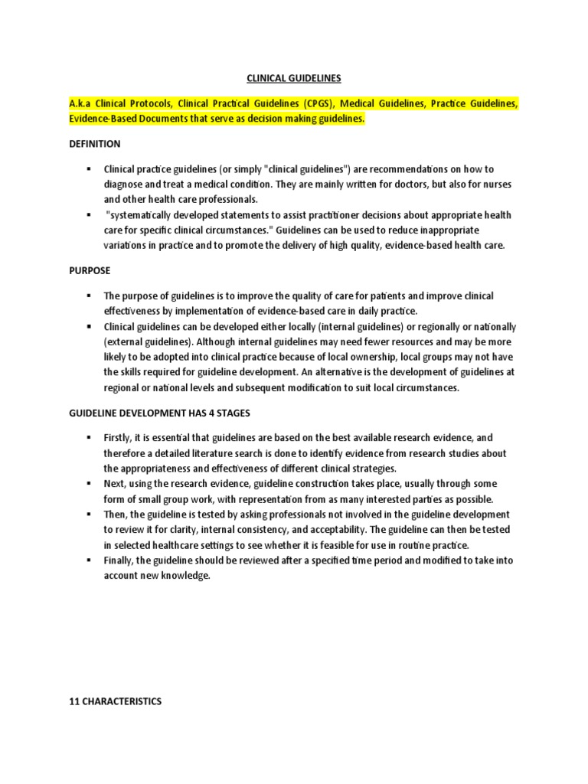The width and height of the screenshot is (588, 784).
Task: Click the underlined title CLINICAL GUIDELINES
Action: (293, 78)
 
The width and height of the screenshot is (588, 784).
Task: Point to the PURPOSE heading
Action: (90, 270)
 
